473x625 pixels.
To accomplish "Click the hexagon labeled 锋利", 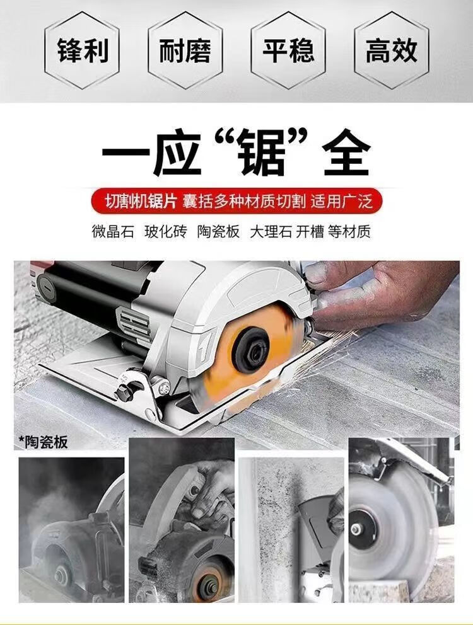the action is (82, 50).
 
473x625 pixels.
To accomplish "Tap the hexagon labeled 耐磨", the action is (185, 50).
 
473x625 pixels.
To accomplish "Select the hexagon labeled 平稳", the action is (288, 50).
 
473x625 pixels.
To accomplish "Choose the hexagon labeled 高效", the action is (392, 50).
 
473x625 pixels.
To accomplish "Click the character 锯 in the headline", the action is (262, 154).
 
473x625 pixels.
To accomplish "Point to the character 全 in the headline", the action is (347, 154).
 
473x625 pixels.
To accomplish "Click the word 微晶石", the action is (113, 231).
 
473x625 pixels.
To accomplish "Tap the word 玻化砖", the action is (166, 231).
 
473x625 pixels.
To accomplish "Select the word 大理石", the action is (271, 231).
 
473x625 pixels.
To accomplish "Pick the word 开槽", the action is (310, 231).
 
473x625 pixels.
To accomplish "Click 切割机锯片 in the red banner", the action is (141, 202).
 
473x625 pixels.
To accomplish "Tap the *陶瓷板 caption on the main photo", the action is (43, 442).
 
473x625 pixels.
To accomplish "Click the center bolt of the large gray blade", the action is (356, 529).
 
